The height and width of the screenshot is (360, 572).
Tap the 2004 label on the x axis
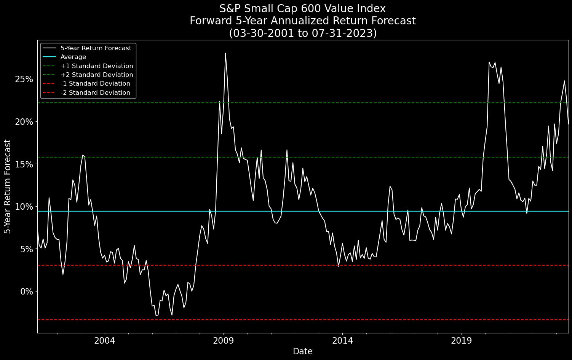click(104, 340)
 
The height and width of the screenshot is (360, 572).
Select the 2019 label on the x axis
click(462, 340)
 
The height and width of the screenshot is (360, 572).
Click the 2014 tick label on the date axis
click(342, 340)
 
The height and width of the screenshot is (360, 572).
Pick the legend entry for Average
click(73, 57)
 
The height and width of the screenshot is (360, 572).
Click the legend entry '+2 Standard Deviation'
click(97, 75)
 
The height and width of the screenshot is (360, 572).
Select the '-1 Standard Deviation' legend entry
click(95, 84)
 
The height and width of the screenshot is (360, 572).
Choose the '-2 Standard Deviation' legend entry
click(95, 93)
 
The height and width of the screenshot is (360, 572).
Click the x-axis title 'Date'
click(303, 352)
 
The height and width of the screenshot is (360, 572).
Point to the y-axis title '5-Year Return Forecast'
click(7, 186)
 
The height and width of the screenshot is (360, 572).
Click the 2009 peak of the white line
click(225, 53)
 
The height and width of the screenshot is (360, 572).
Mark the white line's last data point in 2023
click(568, 124)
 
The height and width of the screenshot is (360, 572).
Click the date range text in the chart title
click(303, 33)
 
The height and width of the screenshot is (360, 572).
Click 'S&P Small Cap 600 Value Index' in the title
click(303, 9)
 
